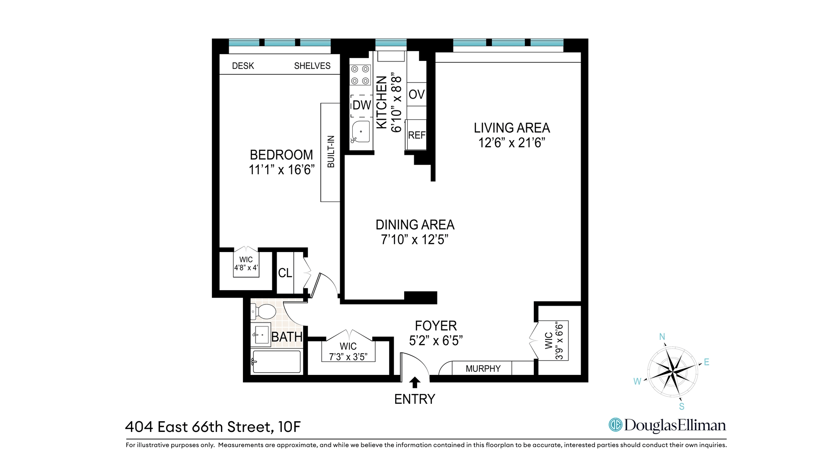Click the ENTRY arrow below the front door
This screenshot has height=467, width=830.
tap(415, 382)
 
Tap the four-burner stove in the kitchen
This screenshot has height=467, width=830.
tap(360, 75)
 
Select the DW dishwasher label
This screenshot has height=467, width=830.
tap(362, 105)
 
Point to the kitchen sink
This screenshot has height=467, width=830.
tap(360, 132)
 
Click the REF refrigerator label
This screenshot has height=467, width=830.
tap(417, 135)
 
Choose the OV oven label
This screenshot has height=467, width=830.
tap(417, 94)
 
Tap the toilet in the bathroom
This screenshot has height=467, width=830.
tap(263, 311)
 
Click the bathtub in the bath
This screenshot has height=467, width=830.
tap(276, 361)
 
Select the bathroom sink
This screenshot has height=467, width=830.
tap(261, 335)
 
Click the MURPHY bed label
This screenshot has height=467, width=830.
tap(483, 369)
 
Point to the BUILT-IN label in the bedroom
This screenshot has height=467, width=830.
tap(331, 152)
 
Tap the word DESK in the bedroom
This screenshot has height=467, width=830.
tap(243, 66)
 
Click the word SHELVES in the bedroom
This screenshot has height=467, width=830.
tap(312, 66)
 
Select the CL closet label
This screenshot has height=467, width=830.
tap(285, 273)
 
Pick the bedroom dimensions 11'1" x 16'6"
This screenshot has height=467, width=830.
tap(281, 170)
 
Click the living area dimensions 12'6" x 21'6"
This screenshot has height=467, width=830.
tap(512, 143)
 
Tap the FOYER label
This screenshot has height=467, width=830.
tap(436, 326)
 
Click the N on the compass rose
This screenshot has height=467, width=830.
tap(662, 337)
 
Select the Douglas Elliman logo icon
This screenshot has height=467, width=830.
tap(615, 425)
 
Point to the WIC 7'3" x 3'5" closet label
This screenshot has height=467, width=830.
tap(348, 352)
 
